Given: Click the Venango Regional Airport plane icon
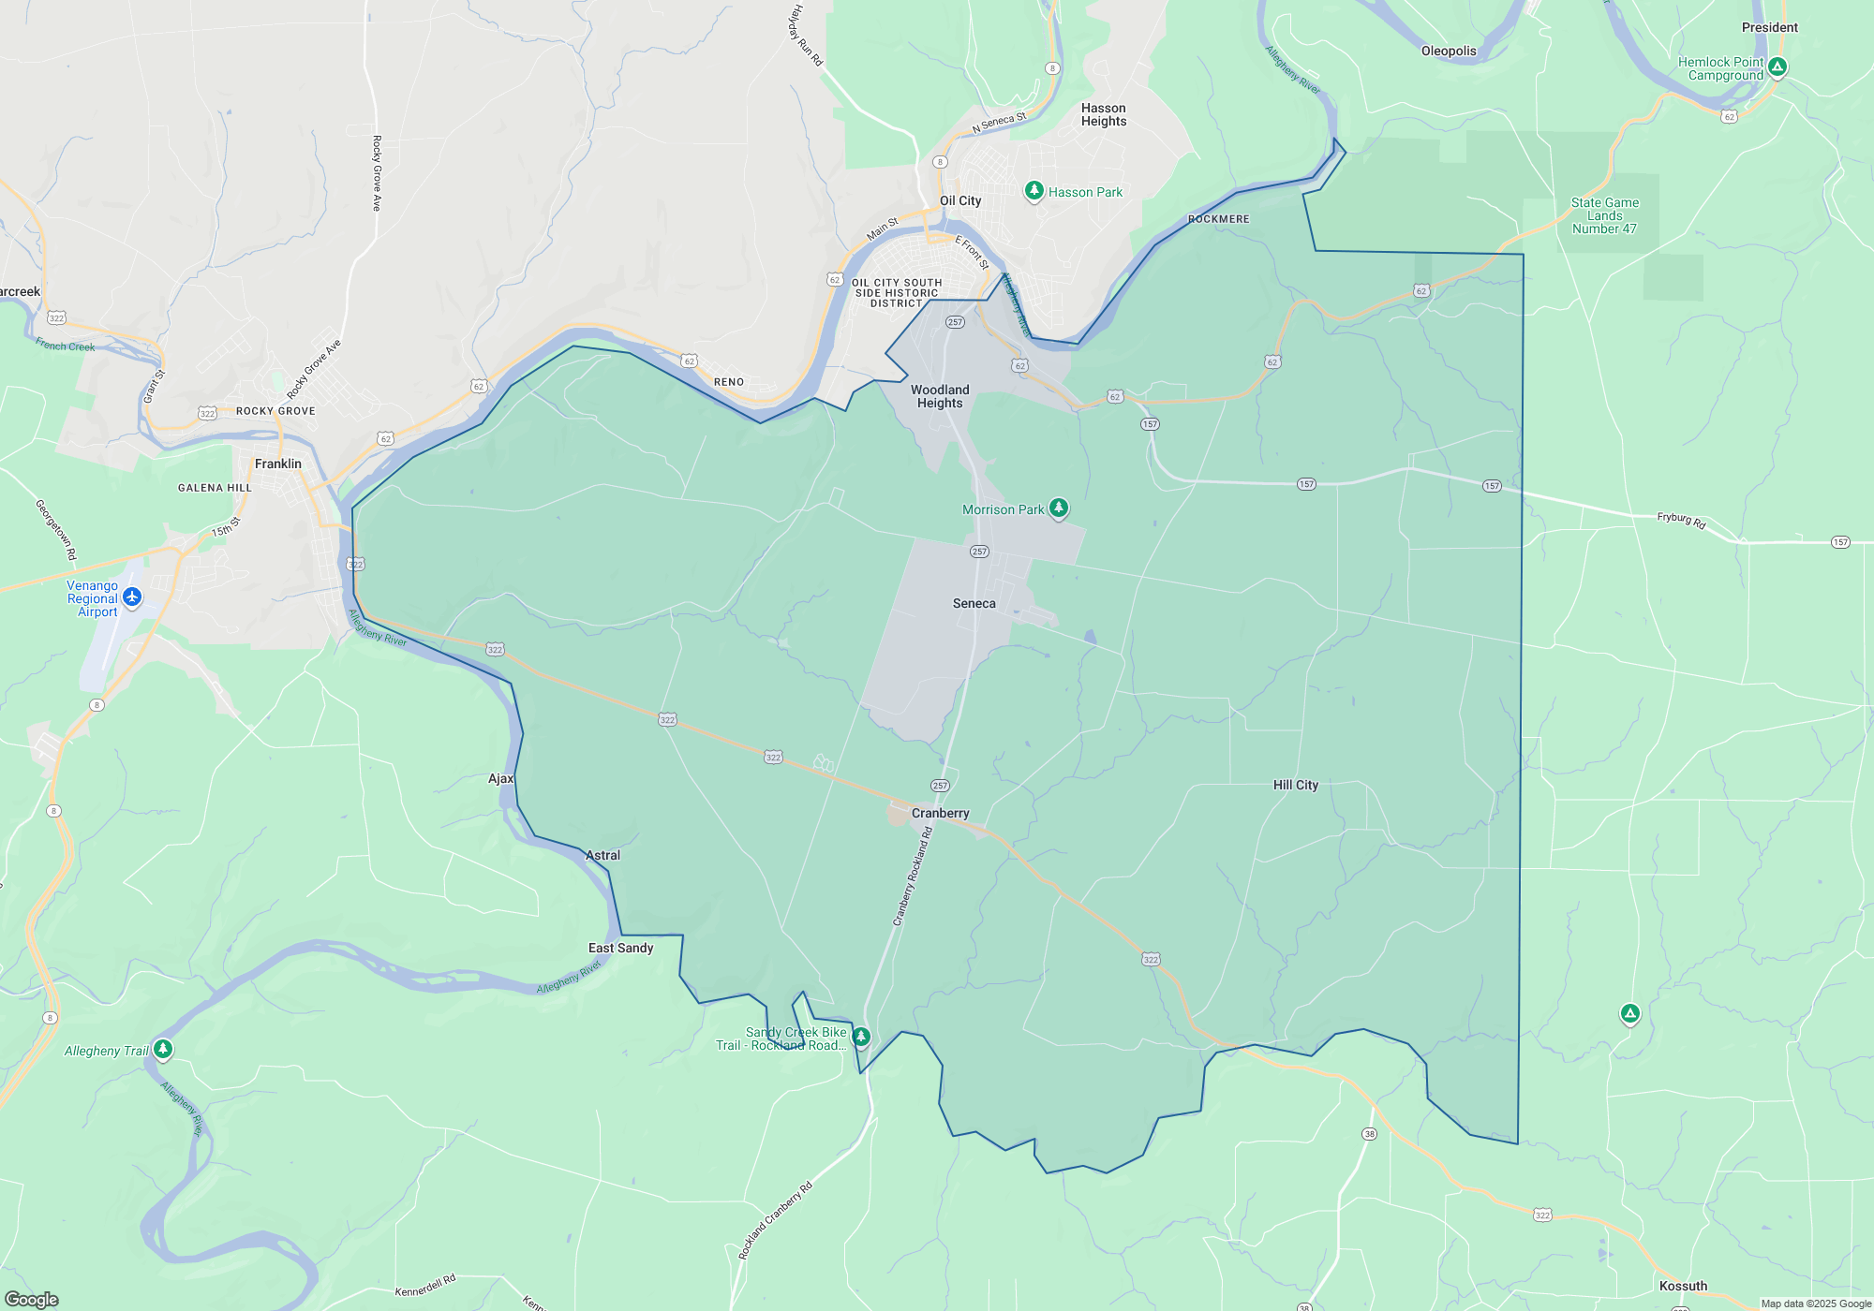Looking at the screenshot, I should point(132,597).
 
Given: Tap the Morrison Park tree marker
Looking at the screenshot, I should point(1059,508).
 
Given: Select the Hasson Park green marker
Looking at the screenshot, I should point(1034,191).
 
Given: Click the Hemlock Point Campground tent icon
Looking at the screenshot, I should point(1777,66).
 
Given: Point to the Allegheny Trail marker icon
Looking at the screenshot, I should point(163,1049).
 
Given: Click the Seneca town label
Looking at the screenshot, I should point(974,604).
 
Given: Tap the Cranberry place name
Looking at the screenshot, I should point(940,813).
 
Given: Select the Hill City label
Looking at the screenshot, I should point(1295,785).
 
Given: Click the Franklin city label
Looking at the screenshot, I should point(278,464).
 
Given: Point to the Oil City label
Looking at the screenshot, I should point(960,200).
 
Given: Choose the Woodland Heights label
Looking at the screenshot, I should point(940,396).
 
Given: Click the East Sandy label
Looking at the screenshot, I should point(620,948).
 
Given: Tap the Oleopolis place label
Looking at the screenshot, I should point(1448,52).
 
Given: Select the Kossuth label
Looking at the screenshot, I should point(1683,1286).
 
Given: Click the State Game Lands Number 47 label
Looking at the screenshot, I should point(1604,215).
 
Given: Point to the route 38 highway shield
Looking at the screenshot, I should point(1369,1134).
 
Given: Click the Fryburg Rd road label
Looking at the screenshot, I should point(1681,520).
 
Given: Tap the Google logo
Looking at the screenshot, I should point(32,1299).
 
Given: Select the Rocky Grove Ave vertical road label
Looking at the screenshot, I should point(377,173).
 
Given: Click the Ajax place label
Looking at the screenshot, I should point(500,778).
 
